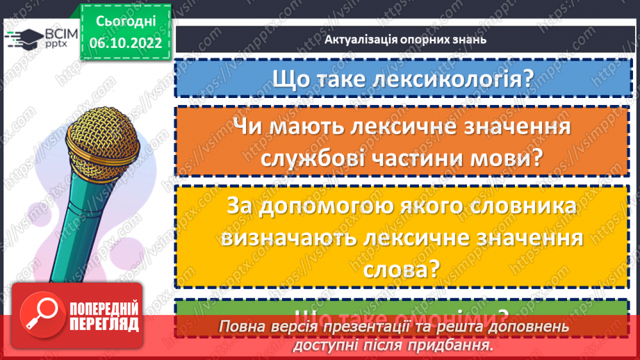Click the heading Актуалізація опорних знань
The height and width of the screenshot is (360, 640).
coord(404,39)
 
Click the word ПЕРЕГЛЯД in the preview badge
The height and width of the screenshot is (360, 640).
coord(104,324)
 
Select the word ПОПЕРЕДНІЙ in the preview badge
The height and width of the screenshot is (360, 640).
coord(104,308)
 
